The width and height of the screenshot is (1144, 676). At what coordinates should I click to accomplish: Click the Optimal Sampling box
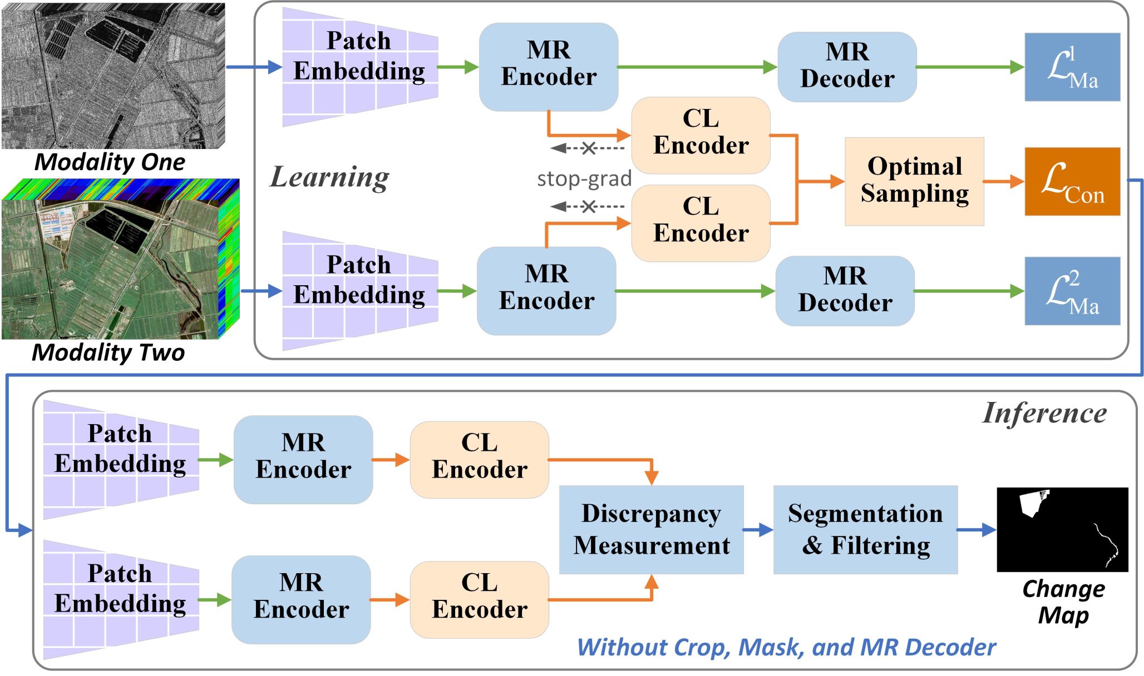tap(914, 181)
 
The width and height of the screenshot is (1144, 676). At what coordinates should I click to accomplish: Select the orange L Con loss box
tap(1072, 181)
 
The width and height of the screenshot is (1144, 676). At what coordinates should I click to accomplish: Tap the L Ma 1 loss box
tap(1072, 67)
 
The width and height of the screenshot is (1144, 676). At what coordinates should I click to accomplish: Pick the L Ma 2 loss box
tap(1072, 291)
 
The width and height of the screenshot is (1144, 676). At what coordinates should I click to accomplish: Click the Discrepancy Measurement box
tap(651, 529)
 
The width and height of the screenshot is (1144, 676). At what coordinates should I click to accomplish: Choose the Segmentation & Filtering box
tap(865, 529)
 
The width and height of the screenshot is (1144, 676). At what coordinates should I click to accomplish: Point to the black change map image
tap(1062, 529)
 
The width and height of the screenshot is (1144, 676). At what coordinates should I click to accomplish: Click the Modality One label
tap(110, 162)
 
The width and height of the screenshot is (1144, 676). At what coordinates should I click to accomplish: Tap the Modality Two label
tap(108, 352)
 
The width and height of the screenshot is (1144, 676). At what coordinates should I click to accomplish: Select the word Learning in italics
tap(329, 177)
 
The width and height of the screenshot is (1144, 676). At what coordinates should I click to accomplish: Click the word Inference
tap(1044, 413)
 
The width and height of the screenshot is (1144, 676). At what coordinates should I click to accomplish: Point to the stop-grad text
tap(584, 179)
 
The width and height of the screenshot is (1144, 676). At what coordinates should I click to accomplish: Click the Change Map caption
tap(1063, 602)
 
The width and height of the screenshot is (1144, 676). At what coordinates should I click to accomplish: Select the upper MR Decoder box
tap(847, 67)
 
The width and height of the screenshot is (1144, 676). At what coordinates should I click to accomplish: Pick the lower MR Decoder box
tap(845, 291)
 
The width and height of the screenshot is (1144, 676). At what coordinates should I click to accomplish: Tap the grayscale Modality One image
tap(113, 76)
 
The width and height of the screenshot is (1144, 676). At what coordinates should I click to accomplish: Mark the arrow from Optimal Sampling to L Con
tap(1003, 181)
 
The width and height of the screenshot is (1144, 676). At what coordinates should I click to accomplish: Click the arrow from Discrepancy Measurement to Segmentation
tap(758, 530)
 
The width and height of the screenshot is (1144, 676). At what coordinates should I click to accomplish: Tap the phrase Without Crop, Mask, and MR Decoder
tap(786, 647)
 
